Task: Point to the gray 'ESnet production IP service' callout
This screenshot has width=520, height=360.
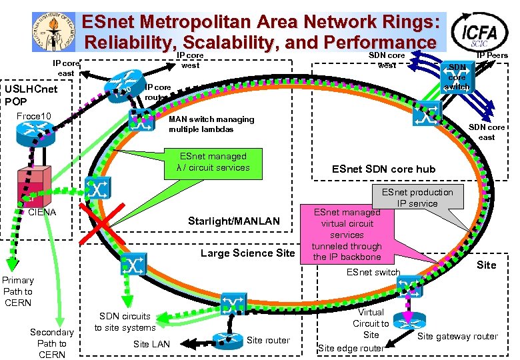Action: (x=417, y=197)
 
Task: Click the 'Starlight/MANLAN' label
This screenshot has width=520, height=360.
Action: (x=233, y=221)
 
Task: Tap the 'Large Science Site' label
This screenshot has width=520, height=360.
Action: (x=247, y=253)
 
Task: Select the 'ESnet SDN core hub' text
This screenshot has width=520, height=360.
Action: (x=383, y=169)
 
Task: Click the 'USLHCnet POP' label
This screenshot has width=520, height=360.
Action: (x=31, y=95)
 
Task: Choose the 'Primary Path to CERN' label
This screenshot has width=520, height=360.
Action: (x=17, y=291)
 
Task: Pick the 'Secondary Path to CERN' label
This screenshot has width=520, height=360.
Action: (x=52, y=343)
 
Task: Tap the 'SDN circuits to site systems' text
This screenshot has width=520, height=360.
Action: (x=125, y=321)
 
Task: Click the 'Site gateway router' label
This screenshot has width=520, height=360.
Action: (x=457, y=337)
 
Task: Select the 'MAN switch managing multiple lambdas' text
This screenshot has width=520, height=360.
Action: (x=211, y=124)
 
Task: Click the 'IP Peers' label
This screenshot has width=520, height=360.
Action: (x=492, y=55)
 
